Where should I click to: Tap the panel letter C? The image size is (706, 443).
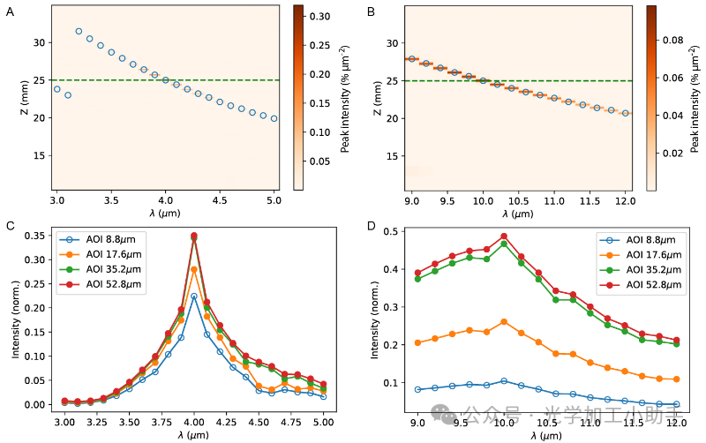click(10, 225)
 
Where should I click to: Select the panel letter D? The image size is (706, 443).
click(372, 225)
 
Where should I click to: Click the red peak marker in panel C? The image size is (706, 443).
click(194, 236)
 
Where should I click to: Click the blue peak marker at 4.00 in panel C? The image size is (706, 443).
click(194, 297)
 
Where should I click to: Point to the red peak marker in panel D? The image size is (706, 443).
click(504, 237)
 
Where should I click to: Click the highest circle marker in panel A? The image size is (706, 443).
click(79, 32)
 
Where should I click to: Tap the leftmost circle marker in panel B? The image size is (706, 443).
click(412, 59)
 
